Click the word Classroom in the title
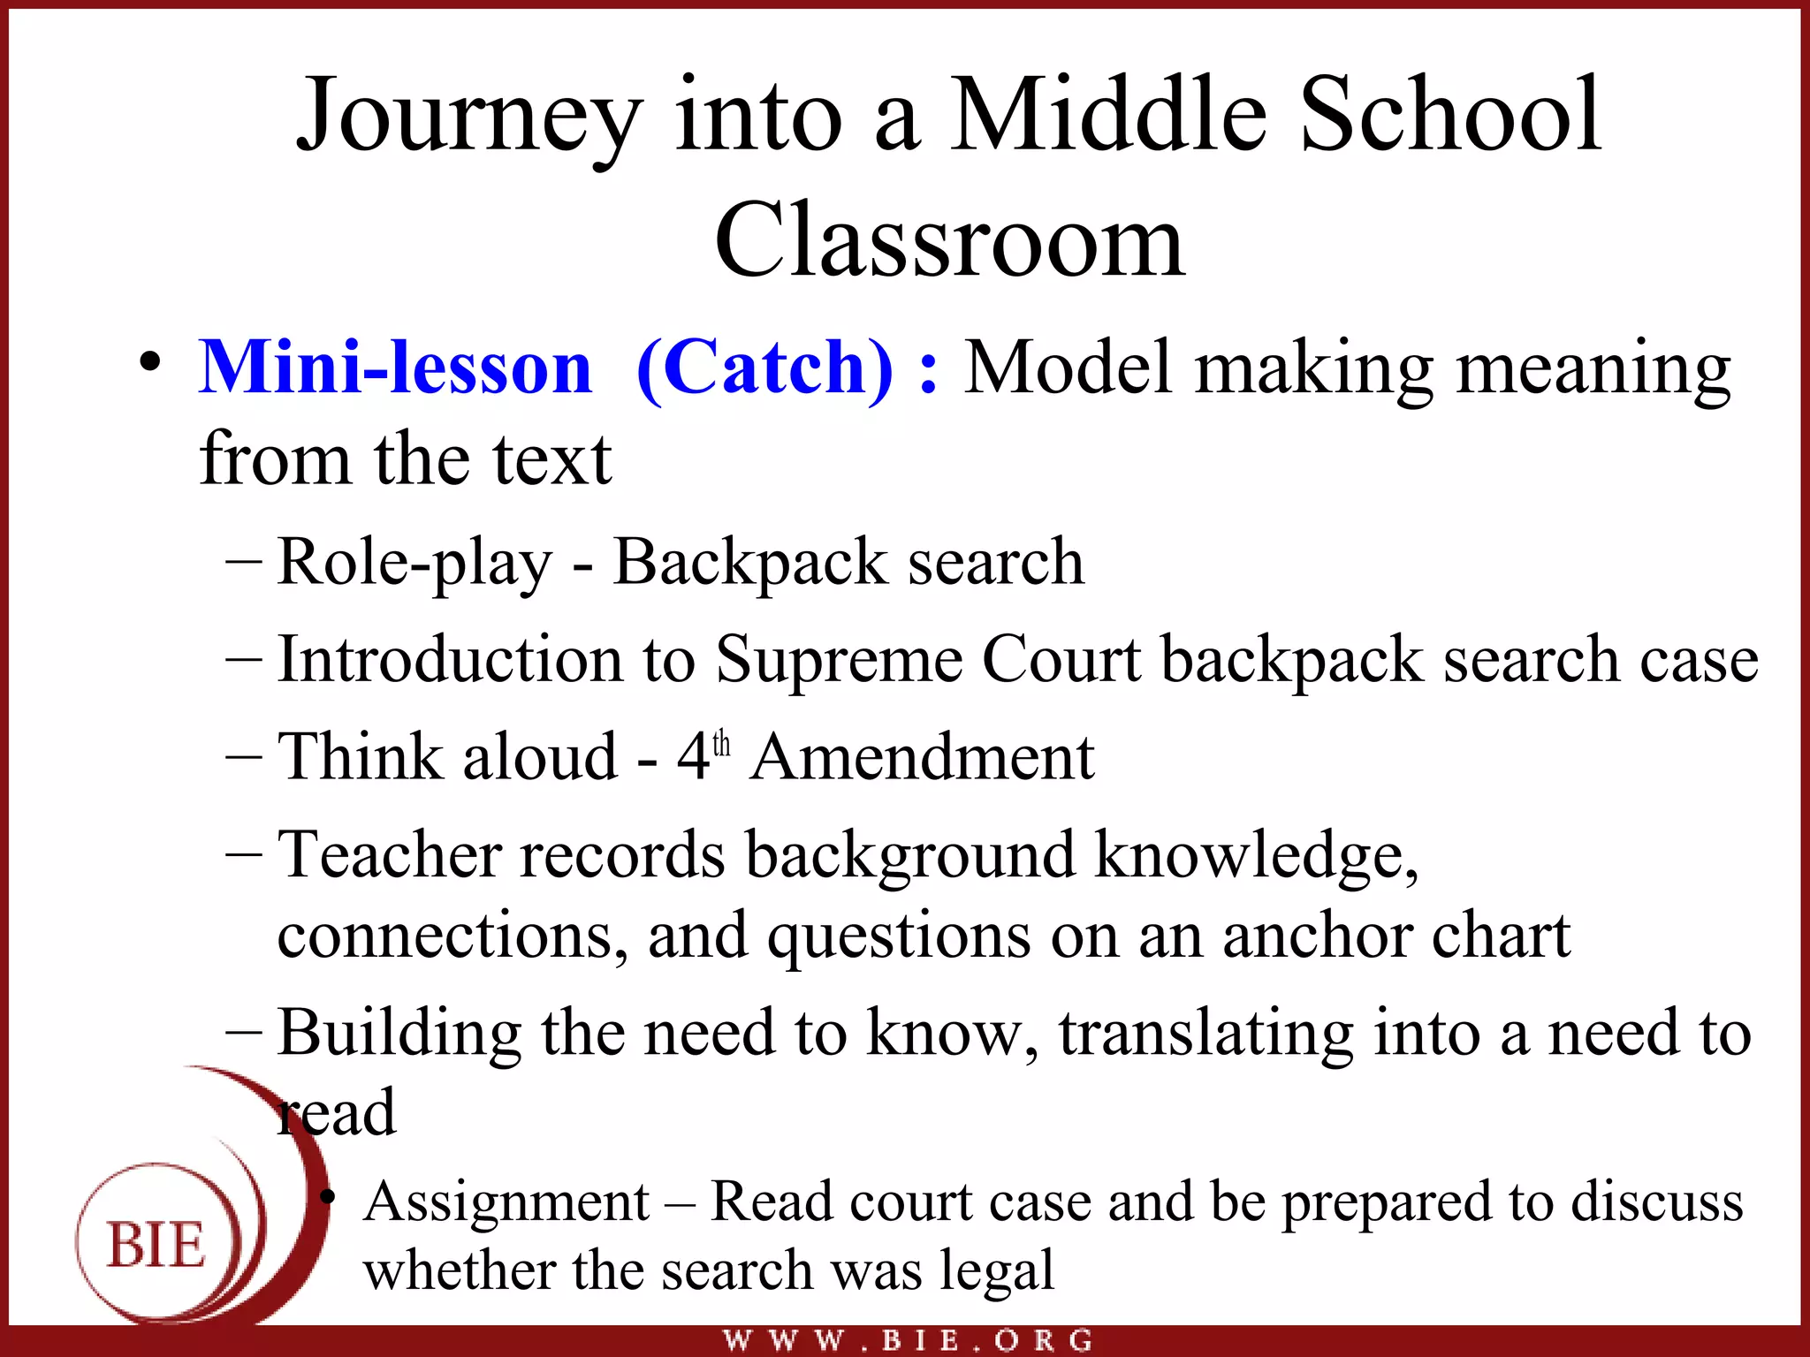click(949, 240)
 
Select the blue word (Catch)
click(764, 368)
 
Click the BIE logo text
click(156, 1245)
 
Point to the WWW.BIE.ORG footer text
click(908, 1340)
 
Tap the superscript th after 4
click(722, 744)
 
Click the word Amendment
click(923, 757)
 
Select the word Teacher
click(390, 855)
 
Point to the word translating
click(1205, 1033)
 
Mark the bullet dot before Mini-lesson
click(150, 362)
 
